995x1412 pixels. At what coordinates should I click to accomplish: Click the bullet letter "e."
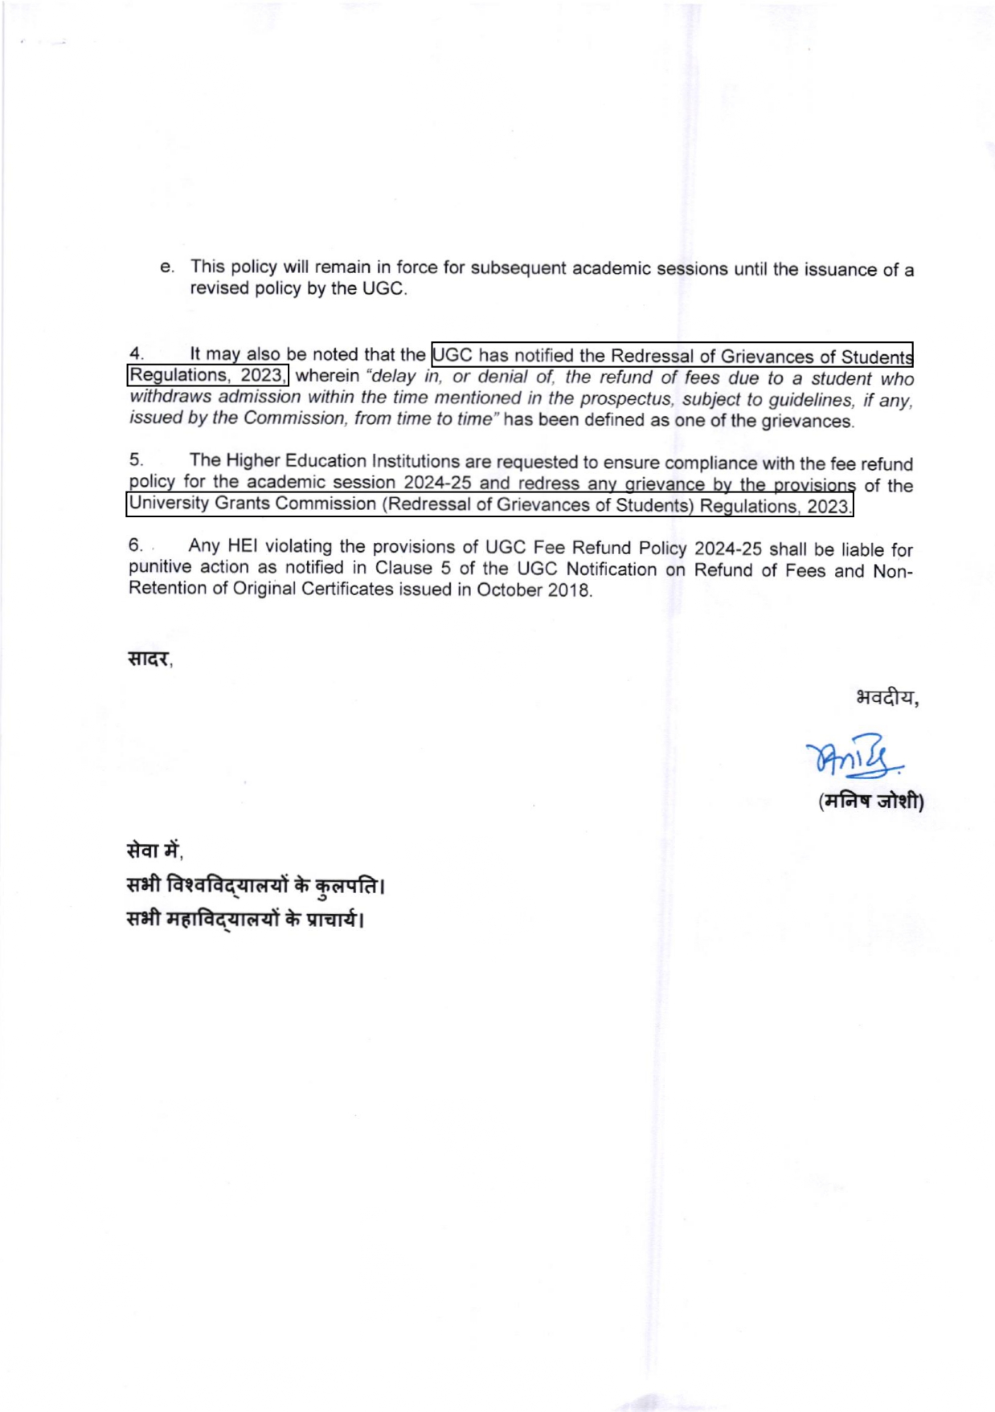pyautogui.click(x=166, y=267)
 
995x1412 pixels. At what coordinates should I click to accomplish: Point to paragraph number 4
pyautogui.click(x=136, y=353)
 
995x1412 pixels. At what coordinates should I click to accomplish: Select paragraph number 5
pyautogui.click(x=136, y=459)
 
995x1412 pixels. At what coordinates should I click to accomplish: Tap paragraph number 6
pyautogui.click(x=136, y=545)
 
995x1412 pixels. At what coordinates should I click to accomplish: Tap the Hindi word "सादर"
pyautogui.click(x=149, y=659)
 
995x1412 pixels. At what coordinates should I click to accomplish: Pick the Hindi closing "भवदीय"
pyautogui.click(x=886, y=697)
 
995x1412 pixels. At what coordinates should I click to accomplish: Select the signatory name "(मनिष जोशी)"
pyautogui.click(x=871, y=802)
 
